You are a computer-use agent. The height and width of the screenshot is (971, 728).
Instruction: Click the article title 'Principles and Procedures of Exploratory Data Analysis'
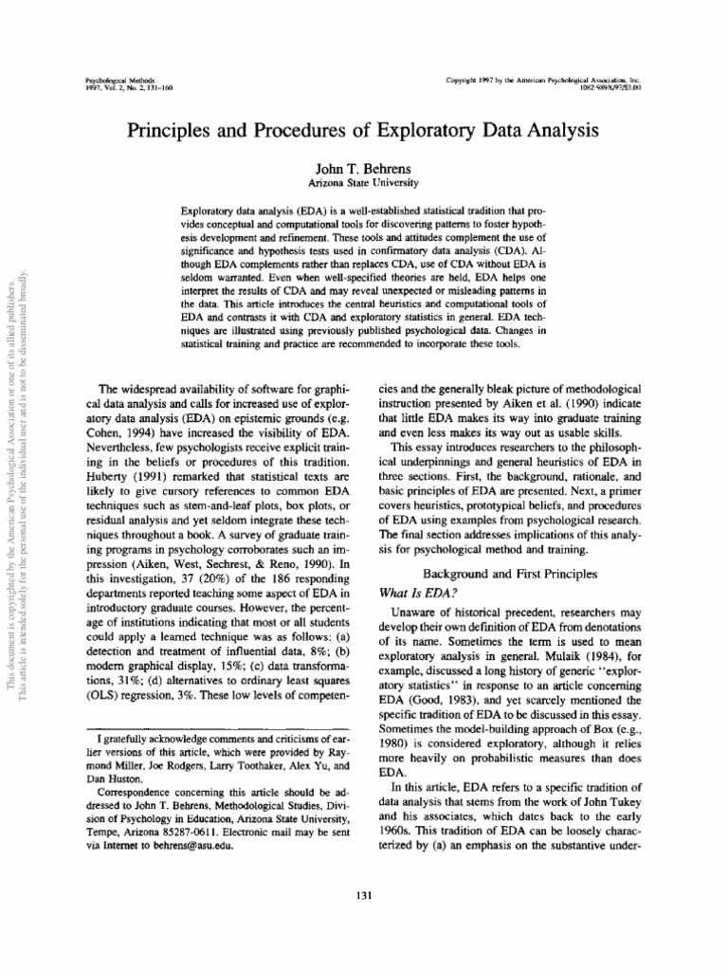[x=364, y=129]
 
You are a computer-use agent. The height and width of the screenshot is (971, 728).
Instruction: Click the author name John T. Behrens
[x=363, y=167]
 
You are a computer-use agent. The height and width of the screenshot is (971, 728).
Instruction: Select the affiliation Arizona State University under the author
[x=363, y=181]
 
